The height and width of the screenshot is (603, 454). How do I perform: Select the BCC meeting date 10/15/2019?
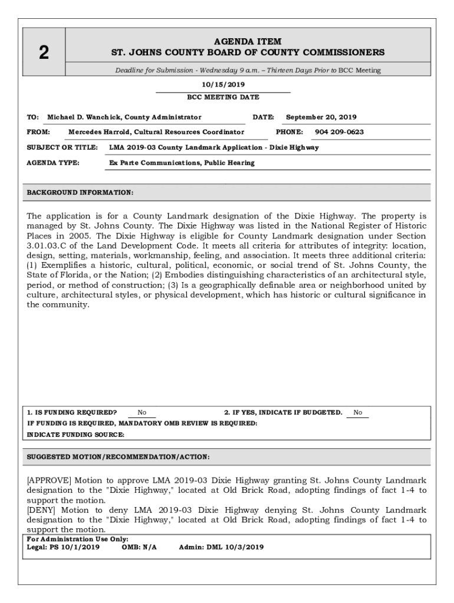(223, 85)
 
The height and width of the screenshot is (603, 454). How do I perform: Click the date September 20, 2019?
(321, 117)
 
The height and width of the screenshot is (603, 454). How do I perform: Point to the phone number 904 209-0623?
(339, 132)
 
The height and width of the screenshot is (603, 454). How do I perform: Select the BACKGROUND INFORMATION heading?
(80, 193)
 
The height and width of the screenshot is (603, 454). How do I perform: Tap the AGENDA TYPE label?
(53, 163)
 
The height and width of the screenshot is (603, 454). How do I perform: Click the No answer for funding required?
(142, 413)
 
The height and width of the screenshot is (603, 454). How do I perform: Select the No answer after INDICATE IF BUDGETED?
(358, 413)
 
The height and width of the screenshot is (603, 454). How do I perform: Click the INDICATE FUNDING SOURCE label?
(75, 435)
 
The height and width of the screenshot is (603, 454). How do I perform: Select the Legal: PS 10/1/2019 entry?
(63, 547)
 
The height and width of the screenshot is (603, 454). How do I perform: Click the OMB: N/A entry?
(139, 547)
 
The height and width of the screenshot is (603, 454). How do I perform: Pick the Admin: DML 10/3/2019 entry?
(221, 547)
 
